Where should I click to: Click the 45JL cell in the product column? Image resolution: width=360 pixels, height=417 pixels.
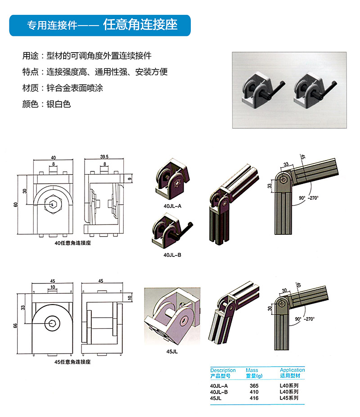pyautogui.click(x=216, y=398)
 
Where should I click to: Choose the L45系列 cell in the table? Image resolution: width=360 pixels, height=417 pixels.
pyautogui.click(x=289, y=398)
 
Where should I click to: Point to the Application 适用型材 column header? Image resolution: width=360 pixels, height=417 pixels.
pyautogui.click(x=292, y=372)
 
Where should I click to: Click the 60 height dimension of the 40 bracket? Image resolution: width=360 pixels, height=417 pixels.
pyautogui.click(x=15, y=205)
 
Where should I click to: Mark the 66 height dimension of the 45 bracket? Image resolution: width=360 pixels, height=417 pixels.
pyautogui.click(x=15, y=325)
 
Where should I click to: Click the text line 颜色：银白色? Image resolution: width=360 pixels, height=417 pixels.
pyautogui.click(x=47, y=104)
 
